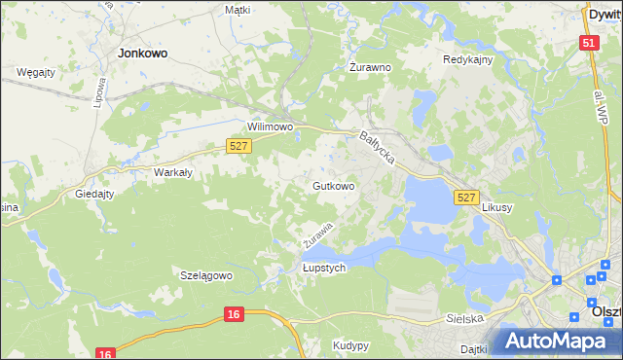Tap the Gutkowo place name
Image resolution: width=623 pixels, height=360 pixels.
[333, 185]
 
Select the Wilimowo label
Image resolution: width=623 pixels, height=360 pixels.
[271, 127]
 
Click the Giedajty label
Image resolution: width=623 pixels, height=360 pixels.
[95, 194]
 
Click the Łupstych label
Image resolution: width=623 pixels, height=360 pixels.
[324, 269]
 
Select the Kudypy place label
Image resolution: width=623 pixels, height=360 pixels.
[350, 345]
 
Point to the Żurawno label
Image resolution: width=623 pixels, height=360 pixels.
[370, 68]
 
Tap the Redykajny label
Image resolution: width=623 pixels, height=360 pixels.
[468, 59]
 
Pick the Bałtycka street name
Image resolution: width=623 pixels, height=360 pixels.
[378, 148]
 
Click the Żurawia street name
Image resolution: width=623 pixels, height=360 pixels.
[318, 234]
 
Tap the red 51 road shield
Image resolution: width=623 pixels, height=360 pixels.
[588, 43]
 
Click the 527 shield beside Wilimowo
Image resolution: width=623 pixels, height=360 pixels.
[239, 145]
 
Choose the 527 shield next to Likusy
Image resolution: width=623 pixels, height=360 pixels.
[466, 198]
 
